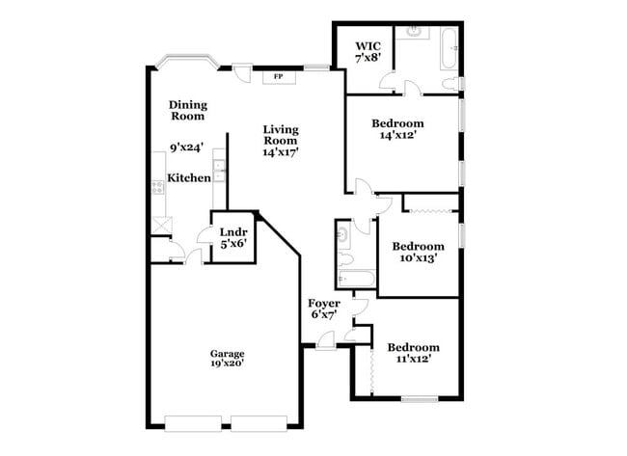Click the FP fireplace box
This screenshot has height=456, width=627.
(279, 77)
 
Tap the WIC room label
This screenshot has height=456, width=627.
(368, 46)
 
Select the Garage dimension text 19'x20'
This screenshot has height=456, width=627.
(227, 363)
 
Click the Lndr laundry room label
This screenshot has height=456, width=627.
(233, 232)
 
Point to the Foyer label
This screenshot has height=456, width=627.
(324, 304)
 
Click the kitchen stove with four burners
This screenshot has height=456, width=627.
(158, 187)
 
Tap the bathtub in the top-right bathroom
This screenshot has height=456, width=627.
(450, 49)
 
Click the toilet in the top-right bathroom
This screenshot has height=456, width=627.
(450, 84)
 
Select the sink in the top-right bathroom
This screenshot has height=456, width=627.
(414, 32)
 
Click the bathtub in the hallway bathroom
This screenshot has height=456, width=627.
(356, 279)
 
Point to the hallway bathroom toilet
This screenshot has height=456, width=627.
(345, 260)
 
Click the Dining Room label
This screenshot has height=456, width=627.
(188, 111)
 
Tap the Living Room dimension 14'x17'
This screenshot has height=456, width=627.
(281, 152)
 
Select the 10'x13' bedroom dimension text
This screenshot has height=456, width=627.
(418, 258)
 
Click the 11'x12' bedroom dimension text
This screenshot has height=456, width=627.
(414, 360)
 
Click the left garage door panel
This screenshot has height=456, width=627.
(193, 423)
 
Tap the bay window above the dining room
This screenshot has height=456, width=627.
(187, 61)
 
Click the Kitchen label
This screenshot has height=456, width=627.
(189, 178)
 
